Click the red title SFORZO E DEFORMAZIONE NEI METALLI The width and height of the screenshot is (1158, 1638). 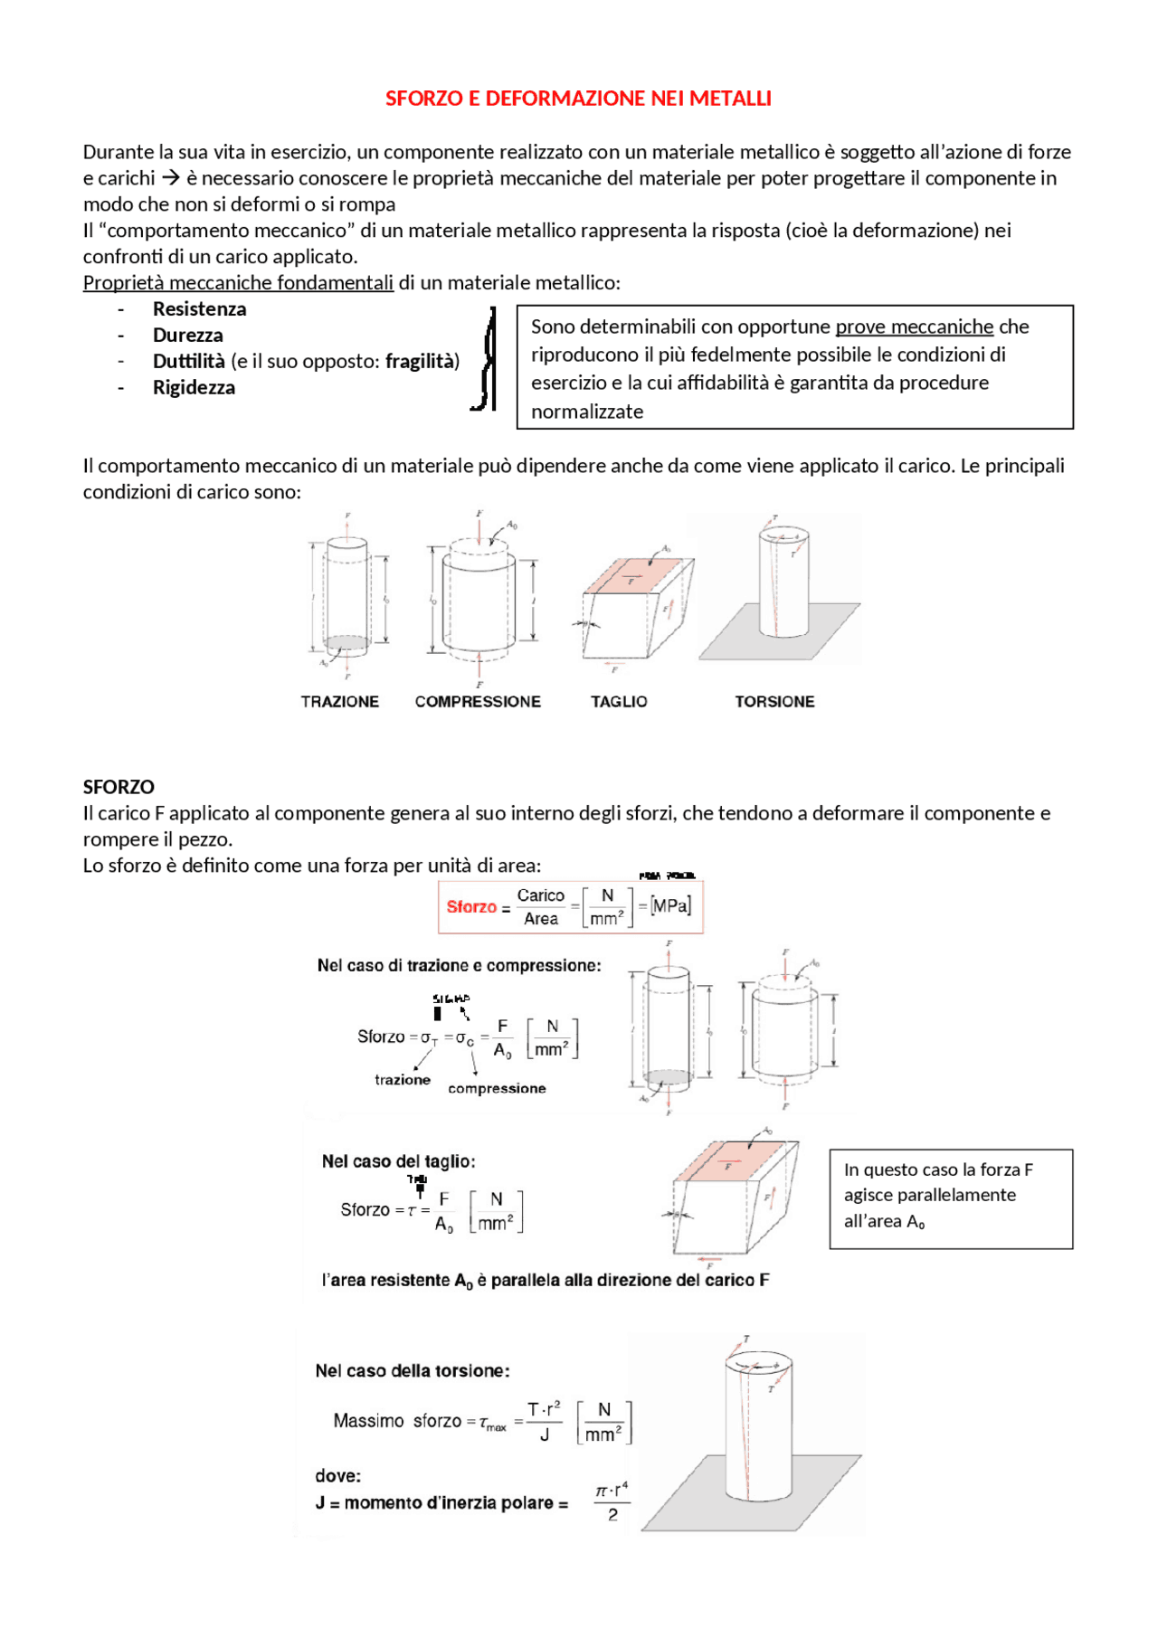578,98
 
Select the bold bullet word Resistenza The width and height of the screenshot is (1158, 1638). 199,308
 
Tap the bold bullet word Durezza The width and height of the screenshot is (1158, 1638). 187,335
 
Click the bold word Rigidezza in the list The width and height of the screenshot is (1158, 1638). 194,387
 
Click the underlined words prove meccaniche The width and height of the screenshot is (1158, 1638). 914,326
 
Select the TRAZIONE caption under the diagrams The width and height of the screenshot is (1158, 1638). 339,701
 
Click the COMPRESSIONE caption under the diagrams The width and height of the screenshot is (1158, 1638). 478,701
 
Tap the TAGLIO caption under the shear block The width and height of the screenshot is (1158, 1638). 619,701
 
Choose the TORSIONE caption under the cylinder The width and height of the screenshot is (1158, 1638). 774,701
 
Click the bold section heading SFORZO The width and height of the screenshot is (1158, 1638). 119,786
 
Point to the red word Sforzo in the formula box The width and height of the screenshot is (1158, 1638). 471,906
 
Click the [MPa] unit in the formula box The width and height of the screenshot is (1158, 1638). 670,905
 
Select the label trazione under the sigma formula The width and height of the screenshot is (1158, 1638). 403,1079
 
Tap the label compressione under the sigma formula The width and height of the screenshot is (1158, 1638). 497,1088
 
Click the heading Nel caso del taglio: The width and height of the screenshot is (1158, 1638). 398,1160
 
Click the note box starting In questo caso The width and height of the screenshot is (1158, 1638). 950,1198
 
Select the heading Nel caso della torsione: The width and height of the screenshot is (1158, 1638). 412,1370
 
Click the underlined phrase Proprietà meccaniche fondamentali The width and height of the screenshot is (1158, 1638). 238,282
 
